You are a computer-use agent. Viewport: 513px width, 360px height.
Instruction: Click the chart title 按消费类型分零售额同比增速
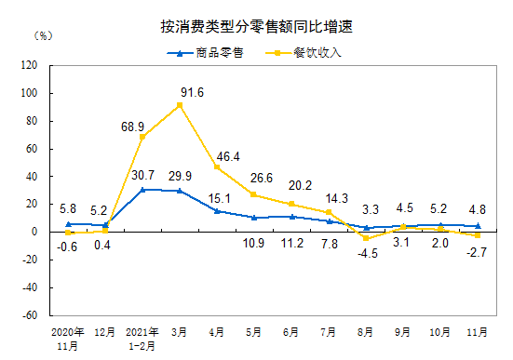pos(256,26)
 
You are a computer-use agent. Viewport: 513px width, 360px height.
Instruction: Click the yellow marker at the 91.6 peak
pos(180,104)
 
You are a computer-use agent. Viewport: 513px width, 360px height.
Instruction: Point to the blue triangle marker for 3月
pos(180,191)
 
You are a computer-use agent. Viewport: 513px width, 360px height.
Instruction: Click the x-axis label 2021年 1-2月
pos(142,338)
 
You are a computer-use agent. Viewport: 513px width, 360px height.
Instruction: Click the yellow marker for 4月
pos(217,167)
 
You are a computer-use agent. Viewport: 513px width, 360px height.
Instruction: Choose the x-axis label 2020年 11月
pos(67,338)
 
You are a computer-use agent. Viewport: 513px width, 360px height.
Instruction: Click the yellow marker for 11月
pos(478,235)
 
